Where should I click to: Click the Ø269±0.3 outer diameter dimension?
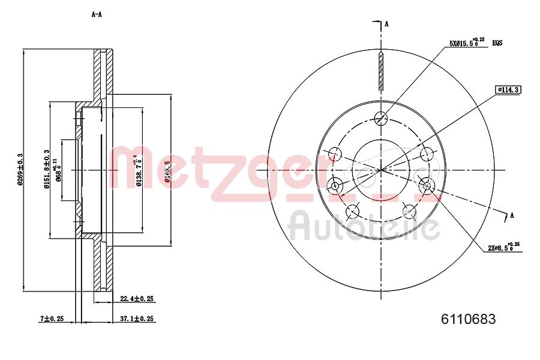click(20, 170)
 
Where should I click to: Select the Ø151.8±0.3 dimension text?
click(46, 170)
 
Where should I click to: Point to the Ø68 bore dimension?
click(59, 170)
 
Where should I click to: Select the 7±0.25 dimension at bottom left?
click(52, 318)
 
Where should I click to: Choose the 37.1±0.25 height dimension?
click(137, 318)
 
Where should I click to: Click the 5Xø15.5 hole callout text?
click(467, 43)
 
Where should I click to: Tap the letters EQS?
click(497, 43)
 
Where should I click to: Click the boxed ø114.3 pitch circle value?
click(508, 90)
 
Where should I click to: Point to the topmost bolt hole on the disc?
click(380, 118)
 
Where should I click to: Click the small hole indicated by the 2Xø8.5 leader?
click(427, 184)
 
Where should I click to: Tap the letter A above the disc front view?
click(386, 24)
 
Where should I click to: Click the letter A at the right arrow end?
click(512, 215)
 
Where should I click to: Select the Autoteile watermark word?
click(364, 227)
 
